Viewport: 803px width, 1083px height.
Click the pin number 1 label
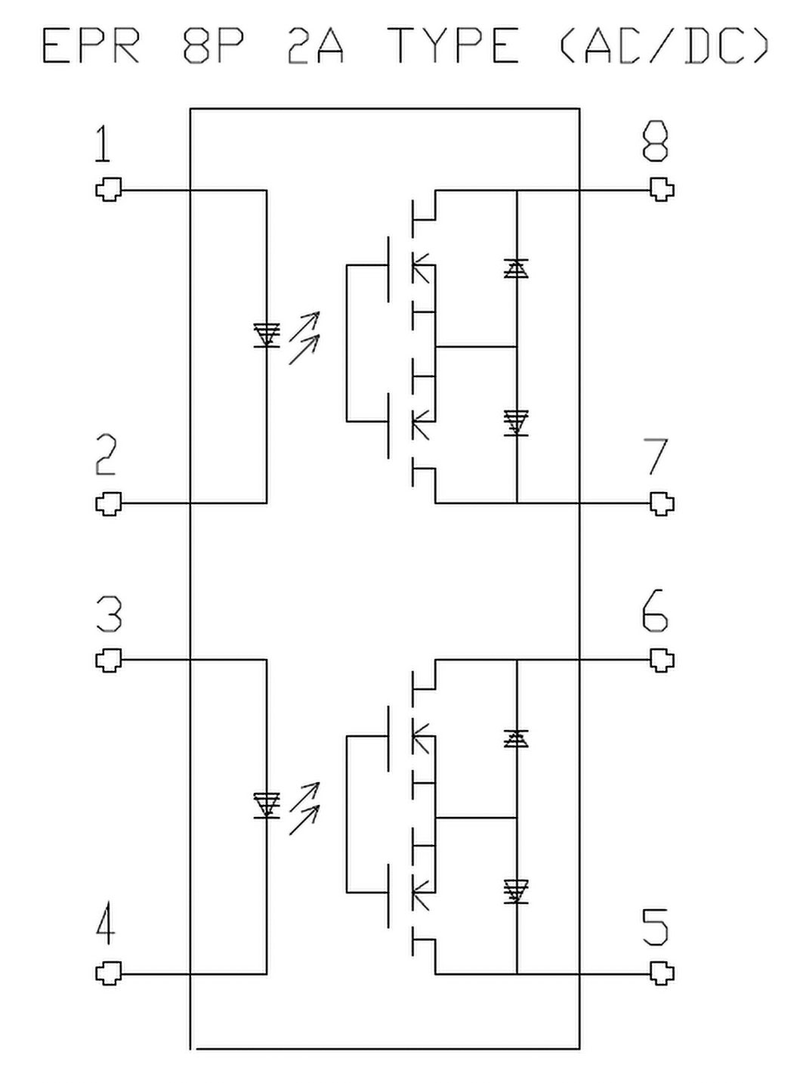pyautogui.click(x=103, y=144)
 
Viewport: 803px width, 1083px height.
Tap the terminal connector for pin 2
pyautogui.click(x=109, y=503)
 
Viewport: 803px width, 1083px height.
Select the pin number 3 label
pyautogui.click(x=109, y=614)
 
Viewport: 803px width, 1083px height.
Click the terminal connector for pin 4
pyautogui.click(x=109, y=973)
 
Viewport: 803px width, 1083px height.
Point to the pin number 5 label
pyautogui.click(x=655, y=927)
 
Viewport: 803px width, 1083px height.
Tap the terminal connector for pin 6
pyautogui.click(x=662, y=661)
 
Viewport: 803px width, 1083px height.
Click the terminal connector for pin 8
pyautogui.click(x=662, y=190)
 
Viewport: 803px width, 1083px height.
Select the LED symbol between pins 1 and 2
pyautogui.click(x=267, y=335)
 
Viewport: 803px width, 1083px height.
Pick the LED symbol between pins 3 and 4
pyautogui.click(x=267, y=805)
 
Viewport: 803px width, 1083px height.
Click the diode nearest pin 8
pyautogui.click(x=517, y=268)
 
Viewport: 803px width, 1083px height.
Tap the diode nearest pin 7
pyautogui.click(x=517, y=422)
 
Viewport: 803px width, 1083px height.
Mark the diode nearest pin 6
pyautogui.click(x=517, y=738)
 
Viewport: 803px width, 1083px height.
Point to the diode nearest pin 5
pyautogui.click(x=517, y=892)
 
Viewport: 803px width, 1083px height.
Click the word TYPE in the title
pyautogui.click(x=453, y=47)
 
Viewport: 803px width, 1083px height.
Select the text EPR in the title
pyautogui.click(x=91, y=47)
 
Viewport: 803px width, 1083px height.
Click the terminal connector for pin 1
pyautogui.click(x=109, y=190)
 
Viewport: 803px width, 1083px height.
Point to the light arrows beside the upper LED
pyautogui.click(x=304, y=338)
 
